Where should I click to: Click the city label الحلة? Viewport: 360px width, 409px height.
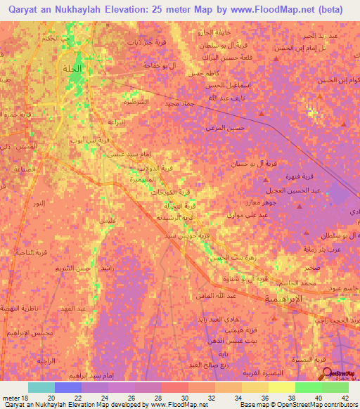tap(72, 69)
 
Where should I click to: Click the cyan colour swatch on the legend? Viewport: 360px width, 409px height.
tap(41, 387)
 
